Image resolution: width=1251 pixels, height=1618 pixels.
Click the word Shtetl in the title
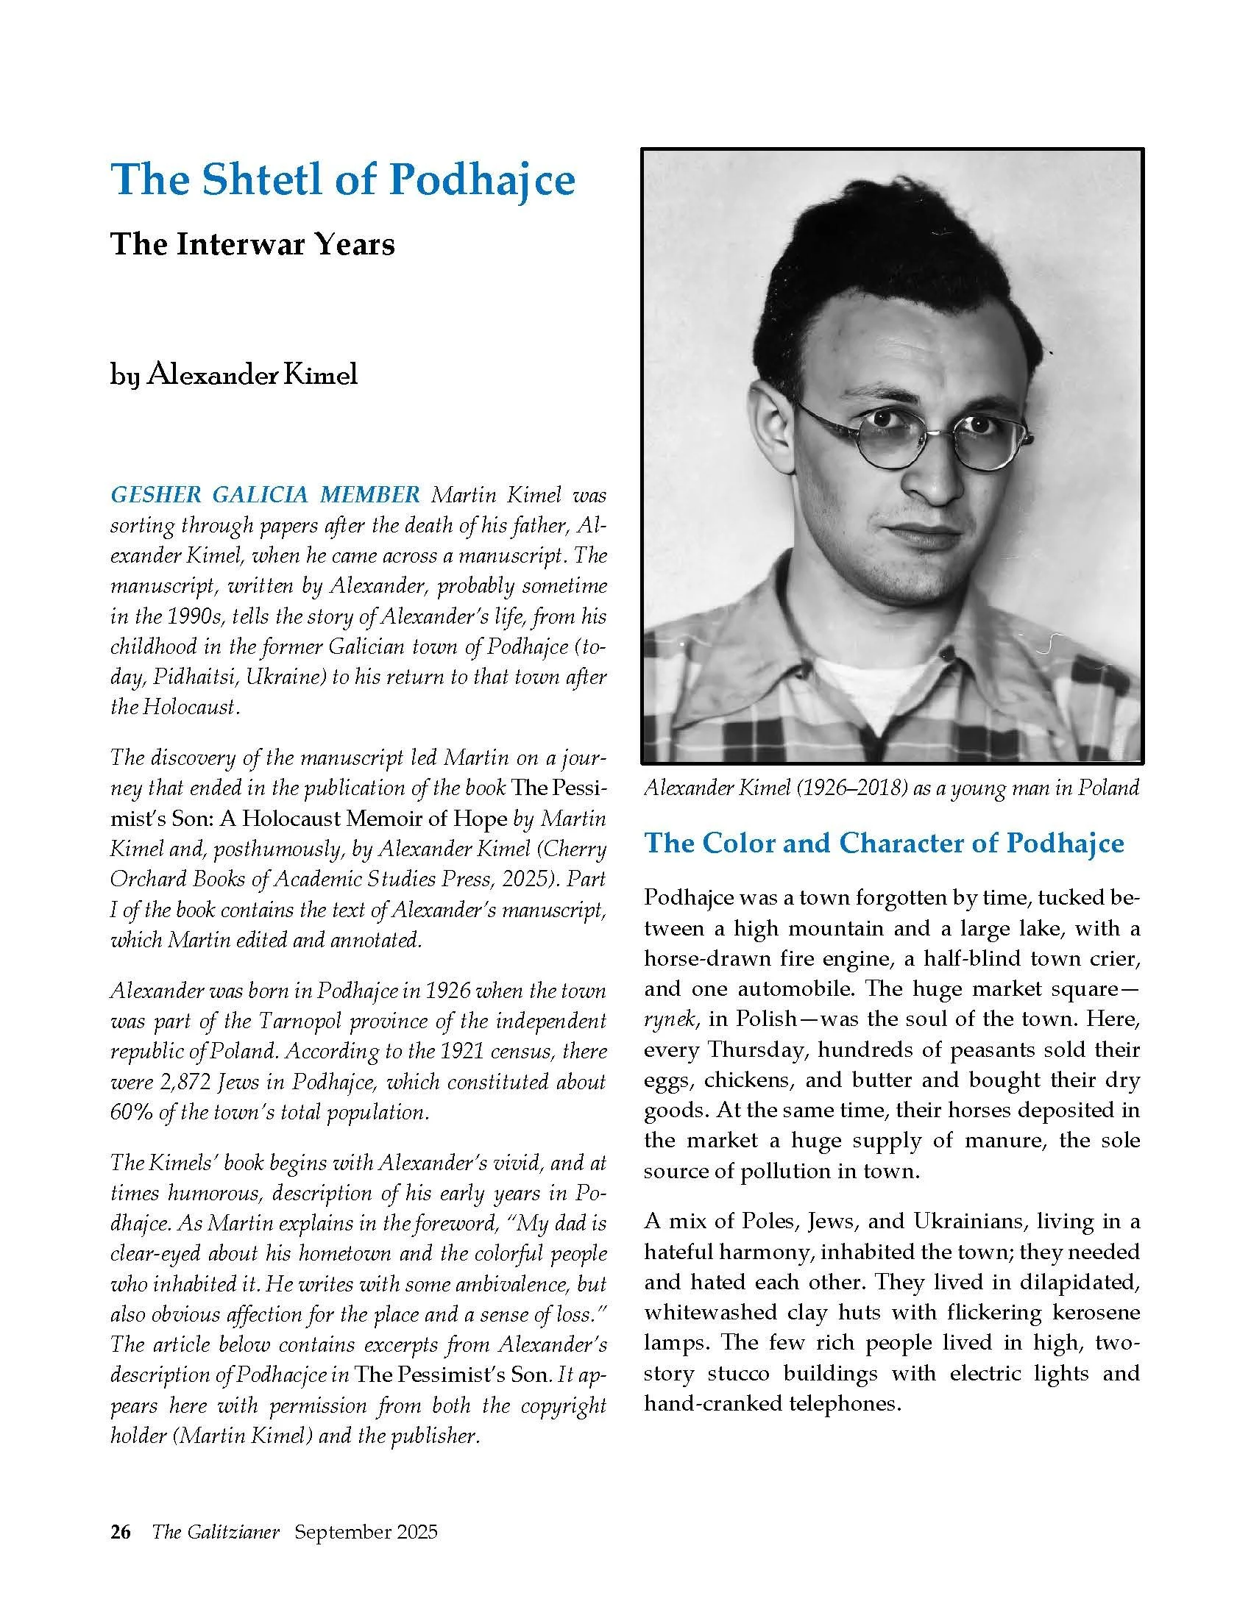tap(252, 179)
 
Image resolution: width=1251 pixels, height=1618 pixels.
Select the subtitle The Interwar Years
tap(252, 243)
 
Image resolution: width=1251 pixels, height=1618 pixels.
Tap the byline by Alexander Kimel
tap(234, 374)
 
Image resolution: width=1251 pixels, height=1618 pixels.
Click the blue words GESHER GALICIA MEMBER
tap(266, 494)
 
